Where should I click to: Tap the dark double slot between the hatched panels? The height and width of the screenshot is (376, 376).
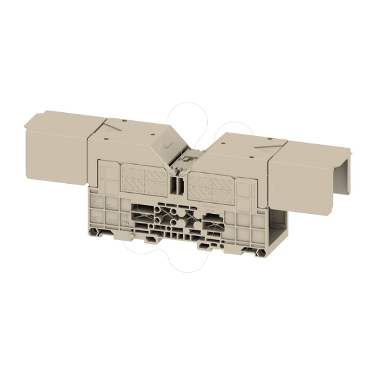click(x=177, y=185)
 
